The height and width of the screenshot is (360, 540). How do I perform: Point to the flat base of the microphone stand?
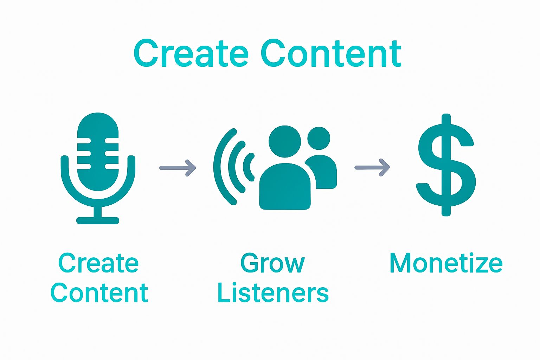[98, 221]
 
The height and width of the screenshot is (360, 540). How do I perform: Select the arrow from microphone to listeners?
[178, 168]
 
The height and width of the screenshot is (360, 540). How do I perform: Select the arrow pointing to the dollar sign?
[372, 167]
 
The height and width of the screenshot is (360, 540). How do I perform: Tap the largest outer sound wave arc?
[220, 167]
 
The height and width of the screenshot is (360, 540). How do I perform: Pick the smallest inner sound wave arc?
[250, 167]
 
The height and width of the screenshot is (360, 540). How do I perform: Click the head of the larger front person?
[285, 142]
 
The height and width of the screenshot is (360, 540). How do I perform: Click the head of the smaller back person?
[319, 139]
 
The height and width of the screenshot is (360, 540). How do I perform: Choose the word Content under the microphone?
[99, 292]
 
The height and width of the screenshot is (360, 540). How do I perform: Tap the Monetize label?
[446, 263]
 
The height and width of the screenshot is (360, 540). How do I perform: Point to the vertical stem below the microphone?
[98, 211]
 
